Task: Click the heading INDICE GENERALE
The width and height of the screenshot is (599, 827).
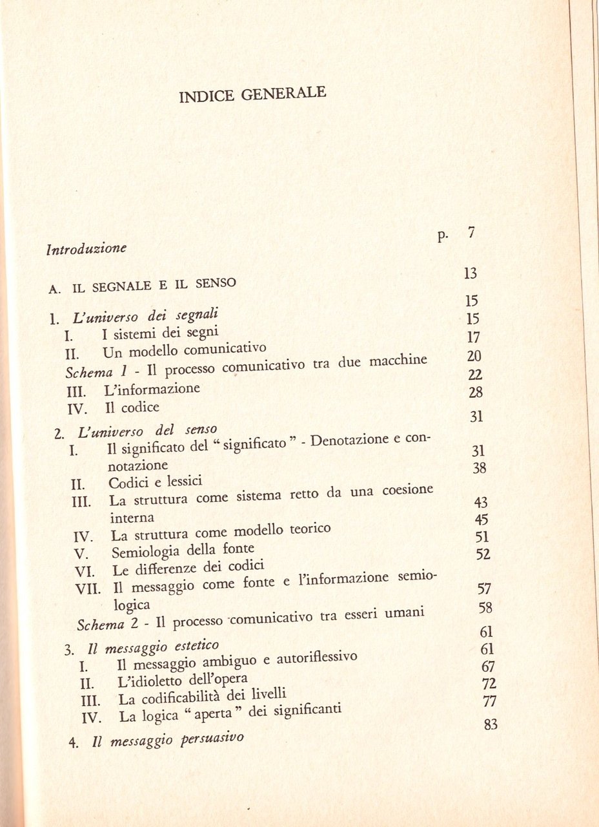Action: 252,96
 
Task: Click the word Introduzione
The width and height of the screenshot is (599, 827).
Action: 87,248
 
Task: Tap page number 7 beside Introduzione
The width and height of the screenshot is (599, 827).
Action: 472,234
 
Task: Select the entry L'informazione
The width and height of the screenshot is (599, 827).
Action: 152,390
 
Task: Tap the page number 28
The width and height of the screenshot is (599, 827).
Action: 476,393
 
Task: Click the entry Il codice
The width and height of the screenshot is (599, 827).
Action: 132,408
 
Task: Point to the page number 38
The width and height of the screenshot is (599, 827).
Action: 479,468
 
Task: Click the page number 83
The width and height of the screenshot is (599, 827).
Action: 490,724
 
